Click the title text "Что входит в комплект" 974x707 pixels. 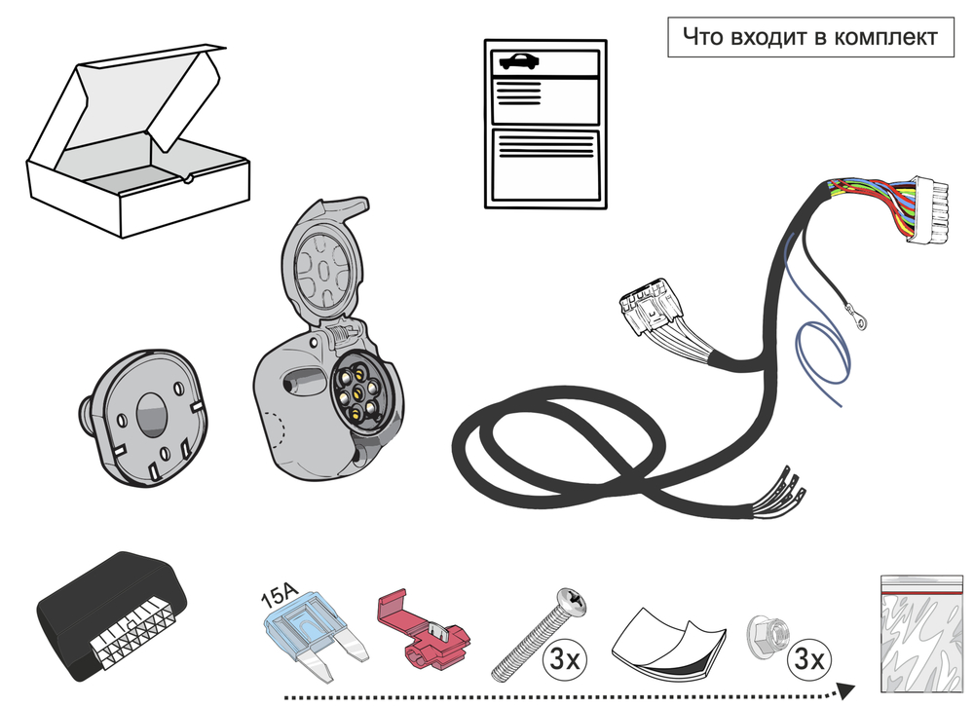pyautogui.click(x=809, y=37)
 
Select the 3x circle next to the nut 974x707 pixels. pyautogui.click(x=807, y=661)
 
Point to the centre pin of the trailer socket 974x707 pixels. pyautogui.click(x=358, y=393)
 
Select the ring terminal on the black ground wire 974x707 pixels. pyautogui.click(x=856, y=315)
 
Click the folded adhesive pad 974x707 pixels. pyautogui.click(x=669, y=643)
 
